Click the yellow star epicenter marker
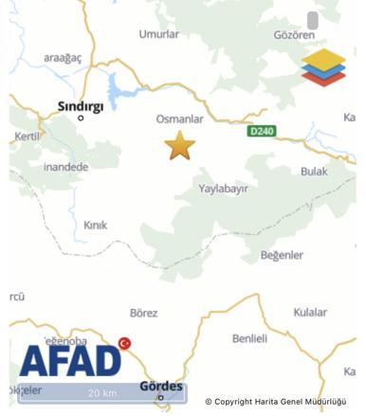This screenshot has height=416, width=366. coord(179,146)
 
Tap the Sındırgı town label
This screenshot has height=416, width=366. coord(81,106)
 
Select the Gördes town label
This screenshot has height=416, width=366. coord(159,387)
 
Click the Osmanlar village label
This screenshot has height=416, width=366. coord(179,118)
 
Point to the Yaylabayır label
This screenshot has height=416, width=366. coord(223,189)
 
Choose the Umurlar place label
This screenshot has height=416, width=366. coord(159,34)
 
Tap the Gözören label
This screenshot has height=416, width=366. coord(293,35)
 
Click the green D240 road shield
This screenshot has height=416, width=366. coord(261,131)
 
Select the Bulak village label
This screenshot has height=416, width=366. coord(314,172)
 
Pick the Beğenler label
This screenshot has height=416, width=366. coord(282,255)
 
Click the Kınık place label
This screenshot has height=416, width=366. coord(96,226)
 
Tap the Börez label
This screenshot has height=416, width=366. coord(143,313)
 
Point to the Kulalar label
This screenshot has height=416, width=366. coord(309,312)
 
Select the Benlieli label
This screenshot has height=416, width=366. coord(249,338)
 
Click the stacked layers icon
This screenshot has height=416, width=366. coord(323,67)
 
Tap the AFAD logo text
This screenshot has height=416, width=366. coord(70,361)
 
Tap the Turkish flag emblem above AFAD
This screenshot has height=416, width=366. coord(124,343)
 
